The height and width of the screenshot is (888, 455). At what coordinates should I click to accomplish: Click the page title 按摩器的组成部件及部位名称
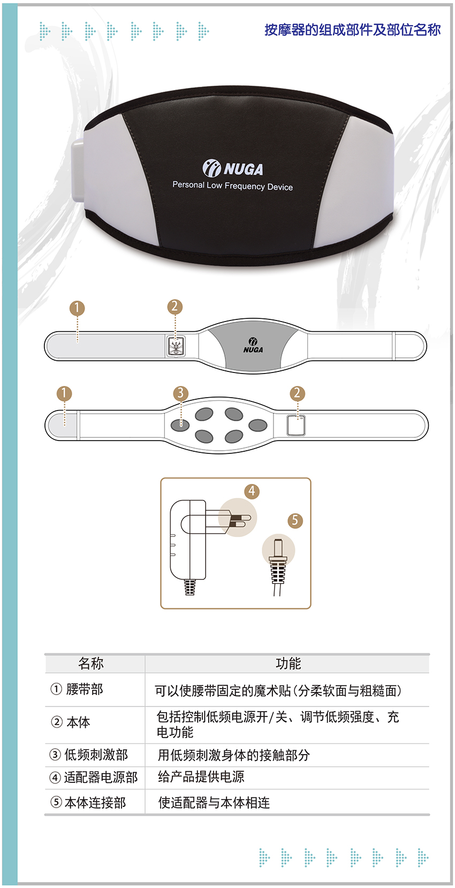352,29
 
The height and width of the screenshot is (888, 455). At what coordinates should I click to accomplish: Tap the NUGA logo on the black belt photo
233,168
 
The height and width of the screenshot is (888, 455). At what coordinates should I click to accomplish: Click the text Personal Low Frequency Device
232,186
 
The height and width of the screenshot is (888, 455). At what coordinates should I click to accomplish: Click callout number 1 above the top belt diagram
77,308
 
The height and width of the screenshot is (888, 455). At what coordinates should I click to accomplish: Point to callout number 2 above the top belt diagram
175,307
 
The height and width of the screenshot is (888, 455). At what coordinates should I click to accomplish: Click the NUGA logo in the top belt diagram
253,345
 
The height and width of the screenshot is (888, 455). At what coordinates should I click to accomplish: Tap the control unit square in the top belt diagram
176,347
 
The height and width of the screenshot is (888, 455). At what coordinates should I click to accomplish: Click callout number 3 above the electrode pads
180,393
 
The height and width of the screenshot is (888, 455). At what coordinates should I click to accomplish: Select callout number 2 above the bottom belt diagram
297,393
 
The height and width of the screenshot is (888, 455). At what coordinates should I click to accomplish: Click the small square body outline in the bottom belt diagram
296,426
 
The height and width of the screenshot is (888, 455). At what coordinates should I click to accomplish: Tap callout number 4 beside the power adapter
252,491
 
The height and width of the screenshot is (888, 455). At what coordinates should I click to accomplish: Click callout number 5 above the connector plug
294,520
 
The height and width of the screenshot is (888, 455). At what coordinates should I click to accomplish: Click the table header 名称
90,663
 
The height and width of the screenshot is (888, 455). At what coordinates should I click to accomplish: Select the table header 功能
289,663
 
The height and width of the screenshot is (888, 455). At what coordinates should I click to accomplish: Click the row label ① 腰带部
77,689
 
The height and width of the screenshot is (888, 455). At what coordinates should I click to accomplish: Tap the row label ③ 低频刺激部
89,755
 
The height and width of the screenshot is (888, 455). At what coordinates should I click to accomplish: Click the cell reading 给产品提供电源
201,777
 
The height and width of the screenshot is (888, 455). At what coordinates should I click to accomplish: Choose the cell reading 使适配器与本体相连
214,803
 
